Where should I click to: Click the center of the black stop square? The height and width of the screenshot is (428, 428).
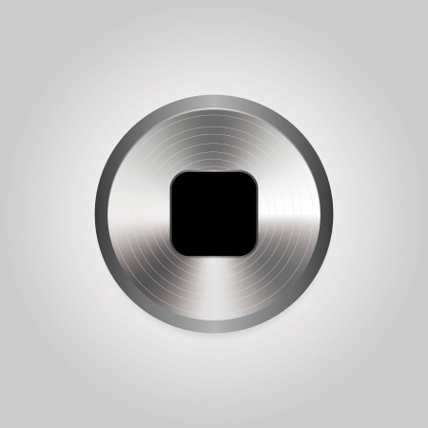click(x=214, y=212)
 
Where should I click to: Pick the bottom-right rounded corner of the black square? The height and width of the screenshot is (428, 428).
click(x=249, y=246)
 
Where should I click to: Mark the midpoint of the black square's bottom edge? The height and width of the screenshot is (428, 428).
click(x=214, y=253)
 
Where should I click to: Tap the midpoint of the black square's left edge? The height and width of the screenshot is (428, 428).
click(x=171, y=212)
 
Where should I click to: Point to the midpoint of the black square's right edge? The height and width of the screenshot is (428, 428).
click(x=257, y=212)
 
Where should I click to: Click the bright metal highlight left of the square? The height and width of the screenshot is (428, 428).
click(x=138, y=212)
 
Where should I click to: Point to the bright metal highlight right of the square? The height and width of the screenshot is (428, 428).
click(x=290, y=212)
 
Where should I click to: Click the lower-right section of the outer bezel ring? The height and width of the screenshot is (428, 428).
click(x=296, y=295)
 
